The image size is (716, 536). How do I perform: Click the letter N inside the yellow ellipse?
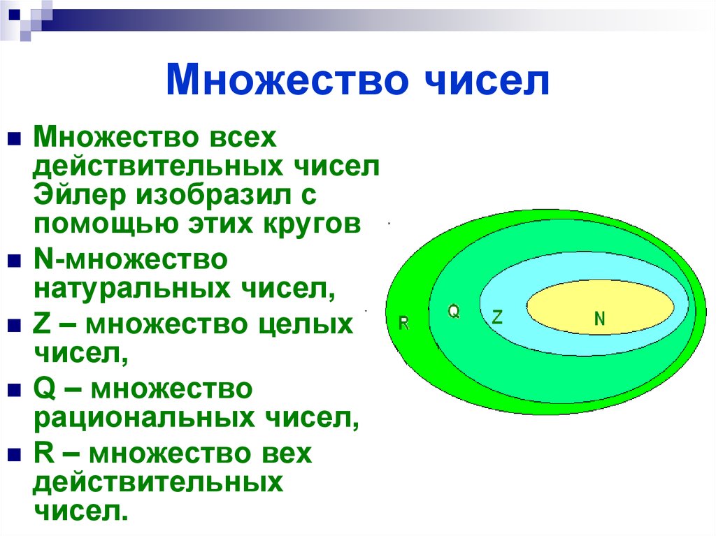[599, 318]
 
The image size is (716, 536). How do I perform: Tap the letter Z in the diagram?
[497, 317]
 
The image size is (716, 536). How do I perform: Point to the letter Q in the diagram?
[453, 312]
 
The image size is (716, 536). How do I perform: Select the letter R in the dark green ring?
[404, 324]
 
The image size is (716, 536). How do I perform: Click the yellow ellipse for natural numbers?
[600, 307]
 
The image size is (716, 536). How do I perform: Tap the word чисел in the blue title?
[487, 80]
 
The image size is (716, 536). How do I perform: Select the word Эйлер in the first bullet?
[80, 194]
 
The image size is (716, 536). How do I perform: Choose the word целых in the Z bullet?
[306, 325]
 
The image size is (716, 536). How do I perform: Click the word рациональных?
[144, 418]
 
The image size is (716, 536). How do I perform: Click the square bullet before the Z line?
[14, 325]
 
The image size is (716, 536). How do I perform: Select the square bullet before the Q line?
[14, 390]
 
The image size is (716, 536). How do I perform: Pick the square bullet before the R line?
[14, 455]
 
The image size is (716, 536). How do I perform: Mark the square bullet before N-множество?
[14, 261]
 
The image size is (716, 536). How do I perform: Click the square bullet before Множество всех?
[14, 138]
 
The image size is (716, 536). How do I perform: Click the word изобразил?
[214, 195]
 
